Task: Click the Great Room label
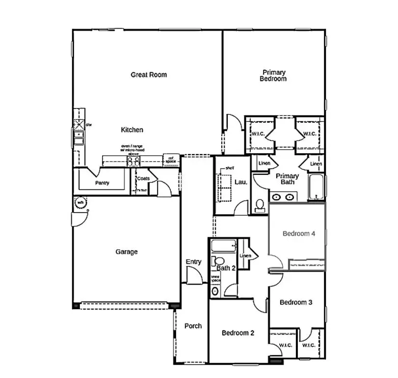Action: coord(148,75)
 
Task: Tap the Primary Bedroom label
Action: coord(273,76)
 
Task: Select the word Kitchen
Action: coord(132,130)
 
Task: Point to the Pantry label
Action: coord(102,183)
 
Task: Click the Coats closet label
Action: coord(143,178)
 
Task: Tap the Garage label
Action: coord(126,252)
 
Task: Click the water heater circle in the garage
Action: coord(80,202)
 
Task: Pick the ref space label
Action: coord(171,160)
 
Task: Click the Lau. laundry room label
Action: coord(241,182)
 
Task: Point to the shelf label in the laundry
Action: coord(230,168)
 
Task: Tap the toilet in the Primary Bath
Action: coord(260,204)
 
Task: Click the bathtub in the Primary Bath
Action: coord(317,188)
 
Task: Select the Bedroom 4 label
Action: coord(299,234)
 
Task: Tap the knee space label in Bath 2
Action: coord(215,278)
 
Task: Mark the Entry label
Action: coord(193,262)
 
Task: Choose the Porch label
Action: coord(193,326)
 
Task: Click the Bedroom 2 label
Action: coord(238,333)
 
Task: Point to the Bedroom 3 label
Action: coord(296,302)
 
